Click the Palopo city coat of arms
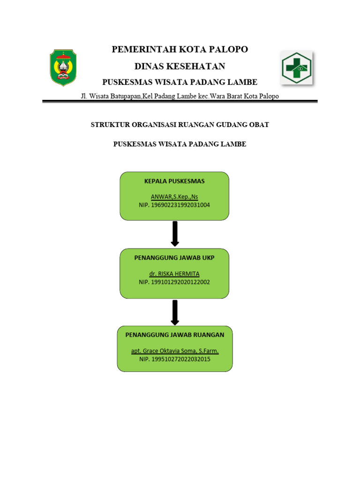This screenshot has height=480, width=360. click(63, 67)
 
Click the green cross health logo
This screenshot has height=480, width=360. click(296, 68)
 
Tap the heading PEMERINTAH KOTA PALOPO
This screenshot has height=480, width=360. click(180, 49)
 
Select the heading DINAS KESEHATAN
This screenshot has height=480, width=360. click(180, 66)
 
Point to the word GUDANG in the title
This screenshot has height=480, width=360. click(230, 125)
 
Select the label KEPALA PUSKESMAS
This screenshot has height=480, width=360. click(174, 181)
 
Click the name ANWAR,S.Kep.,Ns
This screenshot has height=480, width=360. click(174, 197)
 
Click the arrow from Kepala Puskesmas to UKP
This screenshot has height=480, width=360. click(175, 233)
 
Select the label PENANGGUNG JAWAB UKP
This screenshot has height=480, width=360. click(174, 258)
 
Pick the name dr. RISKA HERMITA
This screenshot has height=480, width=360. click(174, 274)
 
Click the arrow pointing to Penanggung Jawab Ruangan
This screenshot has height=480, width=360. click(175, 313)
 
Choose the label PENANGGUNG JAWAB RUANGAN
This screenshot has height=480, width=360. click(175, 335)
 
